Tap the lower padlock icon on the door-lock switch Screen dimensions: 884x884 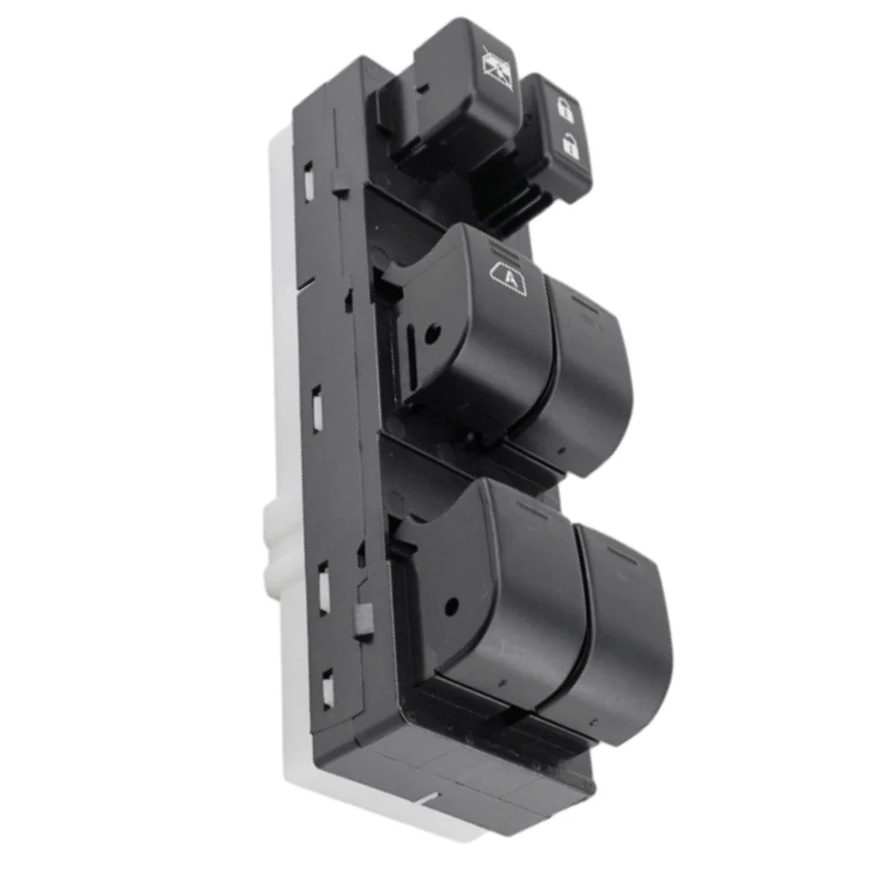(x=570, y=147)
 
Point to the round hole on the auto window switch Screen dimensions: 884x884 (x=431, y=335)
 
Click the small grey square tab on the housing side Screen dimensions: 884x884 (x=362, y=620)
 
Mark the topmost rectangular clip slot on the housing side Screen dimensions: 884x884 (x=310, y=180)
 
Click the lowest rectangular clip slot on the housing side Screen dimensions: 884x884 (x=328, y=688)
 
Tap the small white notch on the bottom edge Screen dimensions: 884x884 (x=431, y=801)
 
